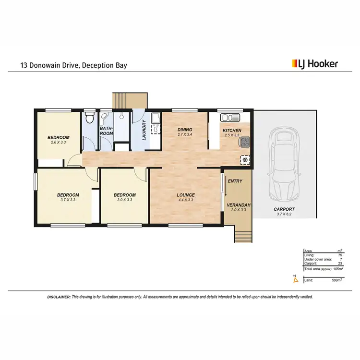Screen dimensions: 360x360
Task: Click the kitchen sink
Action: point(229,118)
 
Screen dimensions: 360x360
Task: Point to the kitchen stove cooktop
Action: point(245,142)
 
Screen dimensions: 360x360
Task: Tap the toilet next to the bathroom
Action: point(89,118)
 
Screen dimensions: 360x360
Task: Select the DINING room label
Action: point(184,130)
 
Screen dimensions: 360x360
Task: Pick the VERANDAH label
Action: point(236,204)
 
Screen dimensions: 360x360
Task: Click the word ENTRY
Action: point(235,181)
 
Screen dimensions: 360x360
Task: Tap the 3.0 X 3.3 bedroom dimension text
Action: point(124,200)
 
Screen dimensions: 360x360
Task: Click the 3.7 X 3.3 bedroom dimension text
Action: point(68,200)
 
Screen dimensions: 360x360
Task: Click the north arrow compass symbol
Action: point(296,278)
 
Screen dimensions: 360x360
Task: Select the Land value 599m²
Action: point(336,280)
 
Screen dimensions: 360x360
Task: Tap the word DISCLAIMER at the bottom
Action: point(59,297)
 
